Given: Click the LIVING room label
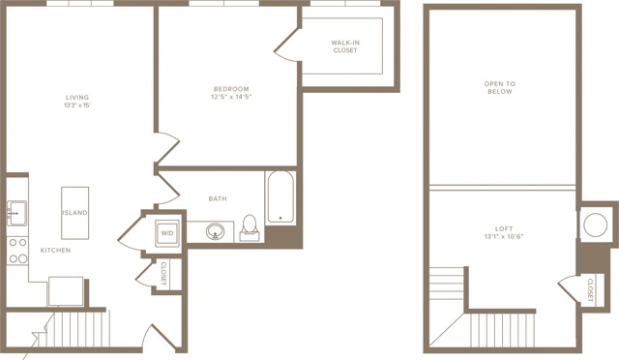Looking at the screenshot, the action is pyautogui.click(x=77, y=97).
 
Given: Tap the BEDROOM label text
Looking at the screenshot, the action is pyautogui.click(x=231, y=89).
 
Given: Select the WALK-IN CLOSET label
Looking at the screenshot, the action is pyautogui.click(x=345, y=46).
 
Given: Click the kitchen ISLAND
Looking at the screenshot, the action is pyautogui.click(x=75, y=213).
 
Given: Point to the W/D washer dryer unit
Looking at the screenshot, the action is pyautogui.click(x=167, y=233).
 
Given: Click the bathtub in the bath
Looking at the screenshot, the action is pyautogui.click(x=280, y=197).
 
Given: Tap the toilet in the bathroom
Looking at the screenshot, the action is pyautogui.click(x=250, y=228).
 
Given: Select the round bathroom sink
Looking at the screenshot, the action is pyautogui.click(x=215, y=230).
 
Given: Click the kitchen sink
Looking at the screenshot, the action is pyautogui.click(x=16, y=214).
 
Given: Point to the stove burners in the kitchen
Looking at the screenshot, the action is pyautogui.click(x=17, y=251).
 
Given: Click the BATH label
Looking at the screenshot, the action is pyautogui.click(x=218, y=198).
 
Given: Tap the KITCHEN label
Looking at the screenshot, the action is pyautogui.click(x=56, y=250).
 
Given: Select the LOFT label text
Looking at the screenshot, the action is pyautogui.click(x=504, y=228).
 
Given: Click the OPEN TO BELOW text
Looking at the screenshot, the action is pyautogui.click(x=500, y=87).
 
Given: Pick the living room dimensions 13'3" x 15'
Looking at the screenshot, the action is pyautogui.click(x=77, y=105).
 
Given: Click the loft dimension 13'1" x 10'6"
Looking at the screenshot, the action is pyautogui.click(x=504, y=237).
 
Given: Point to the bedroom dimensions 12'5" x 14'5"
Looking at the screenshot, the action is pyautogui.click(x=231, y=97).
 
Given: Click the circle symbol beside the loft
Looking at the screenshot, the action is pyautogui.click(x=596, y=225).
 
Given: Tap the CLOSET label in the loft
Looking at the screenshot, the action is pyautogui.click(x=590, y=290).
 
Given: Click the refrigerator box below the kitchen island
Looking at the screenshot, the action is pyautogui.click(x=66, y=291).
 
